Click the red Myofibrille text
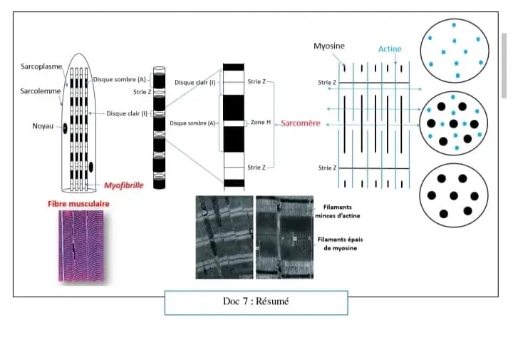coord(123,185)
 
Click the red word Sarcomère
coord(300,123)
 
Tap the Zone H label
coord(261,123)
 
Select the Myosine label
coord(330,46)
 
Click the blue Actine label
coord(389,48)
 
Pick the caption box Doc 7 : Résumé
coord(256,302)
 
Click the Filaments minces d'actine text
coord(333,212)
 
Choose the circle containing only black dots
coord(454,195)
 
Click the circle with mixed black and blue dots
coord(454,122)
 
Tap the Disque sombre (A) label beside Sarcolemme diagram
coord(118,80)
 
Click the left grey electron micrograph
coord(224,237)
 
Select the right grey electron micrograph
coord(283,237)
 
